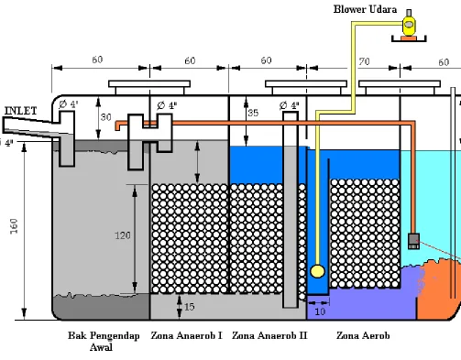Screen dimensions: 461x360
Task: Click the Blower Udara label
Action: point(365,9)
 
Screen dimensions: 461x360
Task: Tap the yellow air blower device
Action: point(409,26)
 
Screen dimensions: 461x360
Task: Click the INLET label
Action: point(21,111)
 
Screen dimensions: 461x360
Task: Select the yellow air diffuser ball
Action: point(317,271)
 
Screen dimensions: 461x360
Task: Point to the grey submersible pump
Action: point(413,241)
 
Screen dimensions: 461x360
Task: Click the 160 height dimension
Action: point(14,226)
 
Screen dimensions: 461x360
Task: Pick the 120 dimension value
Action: point(123,235)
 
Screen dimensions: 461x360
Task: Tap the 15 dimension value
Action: point(190,307)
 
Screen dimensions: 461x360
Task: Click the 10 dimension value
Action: point(320,311)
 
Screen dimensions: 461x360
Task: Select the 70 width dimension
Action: point(364,62)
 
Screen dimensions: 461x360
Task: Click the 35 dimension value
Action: point(253,113)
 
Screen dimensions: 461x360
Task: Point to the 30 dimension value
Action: point(105,117)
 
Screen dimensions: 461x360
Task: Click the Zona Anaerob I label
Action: point(186,335)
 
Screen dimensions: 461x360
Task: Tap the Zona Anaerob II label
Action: point(269,335)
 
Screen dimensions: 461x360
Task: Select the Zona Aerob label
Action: point(363,335)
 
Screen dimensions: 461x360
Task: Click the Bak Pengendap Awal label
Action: point(104,341)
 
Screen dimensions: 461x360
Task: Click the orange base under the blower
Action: point(409,38)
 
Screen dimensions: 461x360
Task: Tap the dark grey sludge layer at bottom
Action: point(101,307)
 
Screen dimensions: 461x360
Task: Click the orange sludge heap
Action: point(438,290)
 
